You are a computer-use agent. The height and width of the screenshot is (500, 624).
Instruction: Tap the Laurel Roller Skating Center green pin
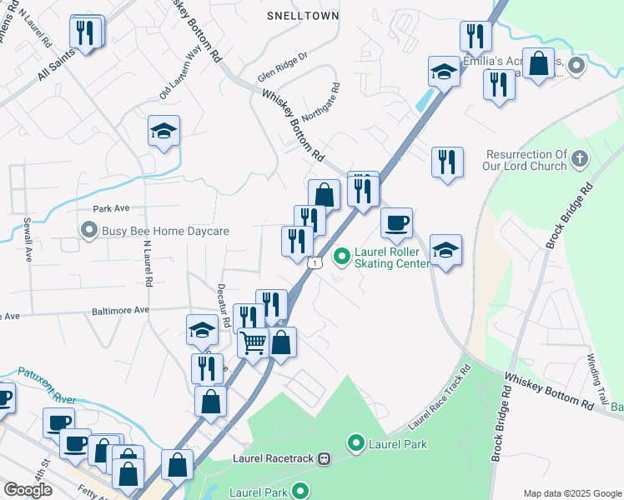point(341,256)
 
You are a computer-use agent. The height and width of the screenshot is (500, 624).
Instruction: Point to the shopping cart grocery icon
point(253,342)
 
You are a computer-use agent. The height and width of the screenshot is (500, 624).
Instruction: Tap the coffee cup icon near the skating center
point(397,222)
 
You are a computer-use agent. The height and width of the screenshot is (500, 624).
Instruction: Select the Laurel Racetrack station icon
point(325,458)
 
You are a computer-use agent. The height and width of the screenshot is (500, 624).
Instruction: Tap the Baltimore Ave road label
point(120,310)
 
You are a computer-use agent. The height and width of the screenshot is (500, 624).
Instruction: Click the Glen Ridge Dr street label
point(283,66)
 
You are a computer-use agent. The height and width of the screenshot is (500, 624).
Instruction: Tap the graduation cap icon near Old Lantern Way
point(164,130)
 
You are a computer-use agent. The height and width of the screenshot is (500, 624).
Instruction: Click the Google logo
point(28,490)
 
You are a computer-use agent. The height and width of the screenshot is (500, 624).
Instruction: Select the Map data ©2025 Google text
point(571,492)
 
